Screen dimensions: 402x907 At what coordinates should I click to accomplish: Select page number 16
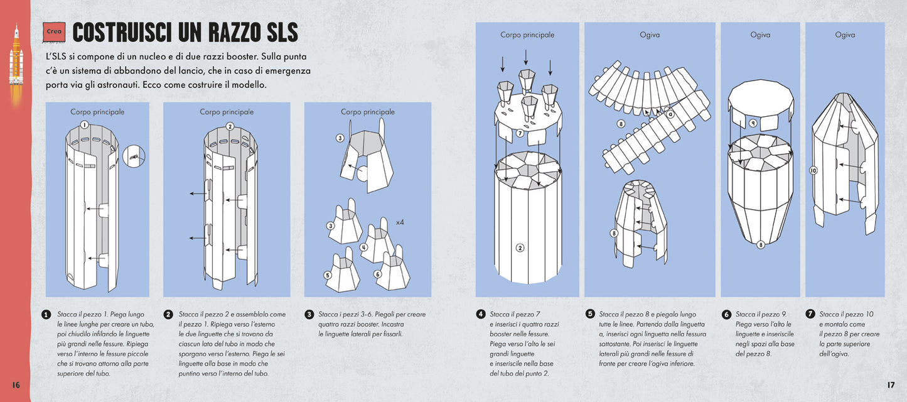tap(16, 384)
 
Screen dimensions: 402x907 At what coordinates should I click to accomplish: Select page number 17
tap(890, 384)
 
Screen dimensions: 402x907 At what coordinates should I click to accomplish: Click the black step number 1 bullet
tap(46, 315)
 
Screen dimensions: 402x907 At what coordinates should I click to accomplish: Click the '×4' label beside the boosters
tap(399, 222)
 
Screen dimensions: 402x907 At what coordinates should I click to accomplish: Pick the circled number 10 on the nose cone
tap(813, 170)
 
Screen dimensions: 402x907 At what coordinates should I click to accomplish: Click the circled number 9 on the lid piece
tap(753, 122)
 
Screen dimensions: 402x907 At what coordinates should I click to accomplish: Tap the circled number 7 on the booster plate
tap(520, 133)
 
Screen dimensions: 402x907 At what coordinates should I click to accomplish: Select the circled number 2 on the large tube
tap(520, 247)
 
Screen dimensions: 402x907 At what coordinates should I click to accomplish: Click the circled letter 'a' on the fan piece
tap(670, 114)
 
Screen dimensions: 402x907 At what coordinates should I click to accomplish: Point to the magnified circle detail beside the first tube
tap(134, 156)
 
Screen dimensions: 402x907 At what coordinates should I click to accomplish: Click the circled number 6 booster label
tap(377, 274)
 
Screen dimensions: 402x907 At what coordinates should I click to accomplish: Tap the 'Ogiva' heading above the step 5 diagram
tap(650, 35)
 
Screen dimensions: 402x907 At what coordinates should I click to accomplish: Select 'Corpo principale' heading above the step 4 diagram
tap(527, 35)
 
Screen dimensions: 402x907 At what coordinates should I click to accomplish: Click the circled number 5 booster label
tap(328, 274)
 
